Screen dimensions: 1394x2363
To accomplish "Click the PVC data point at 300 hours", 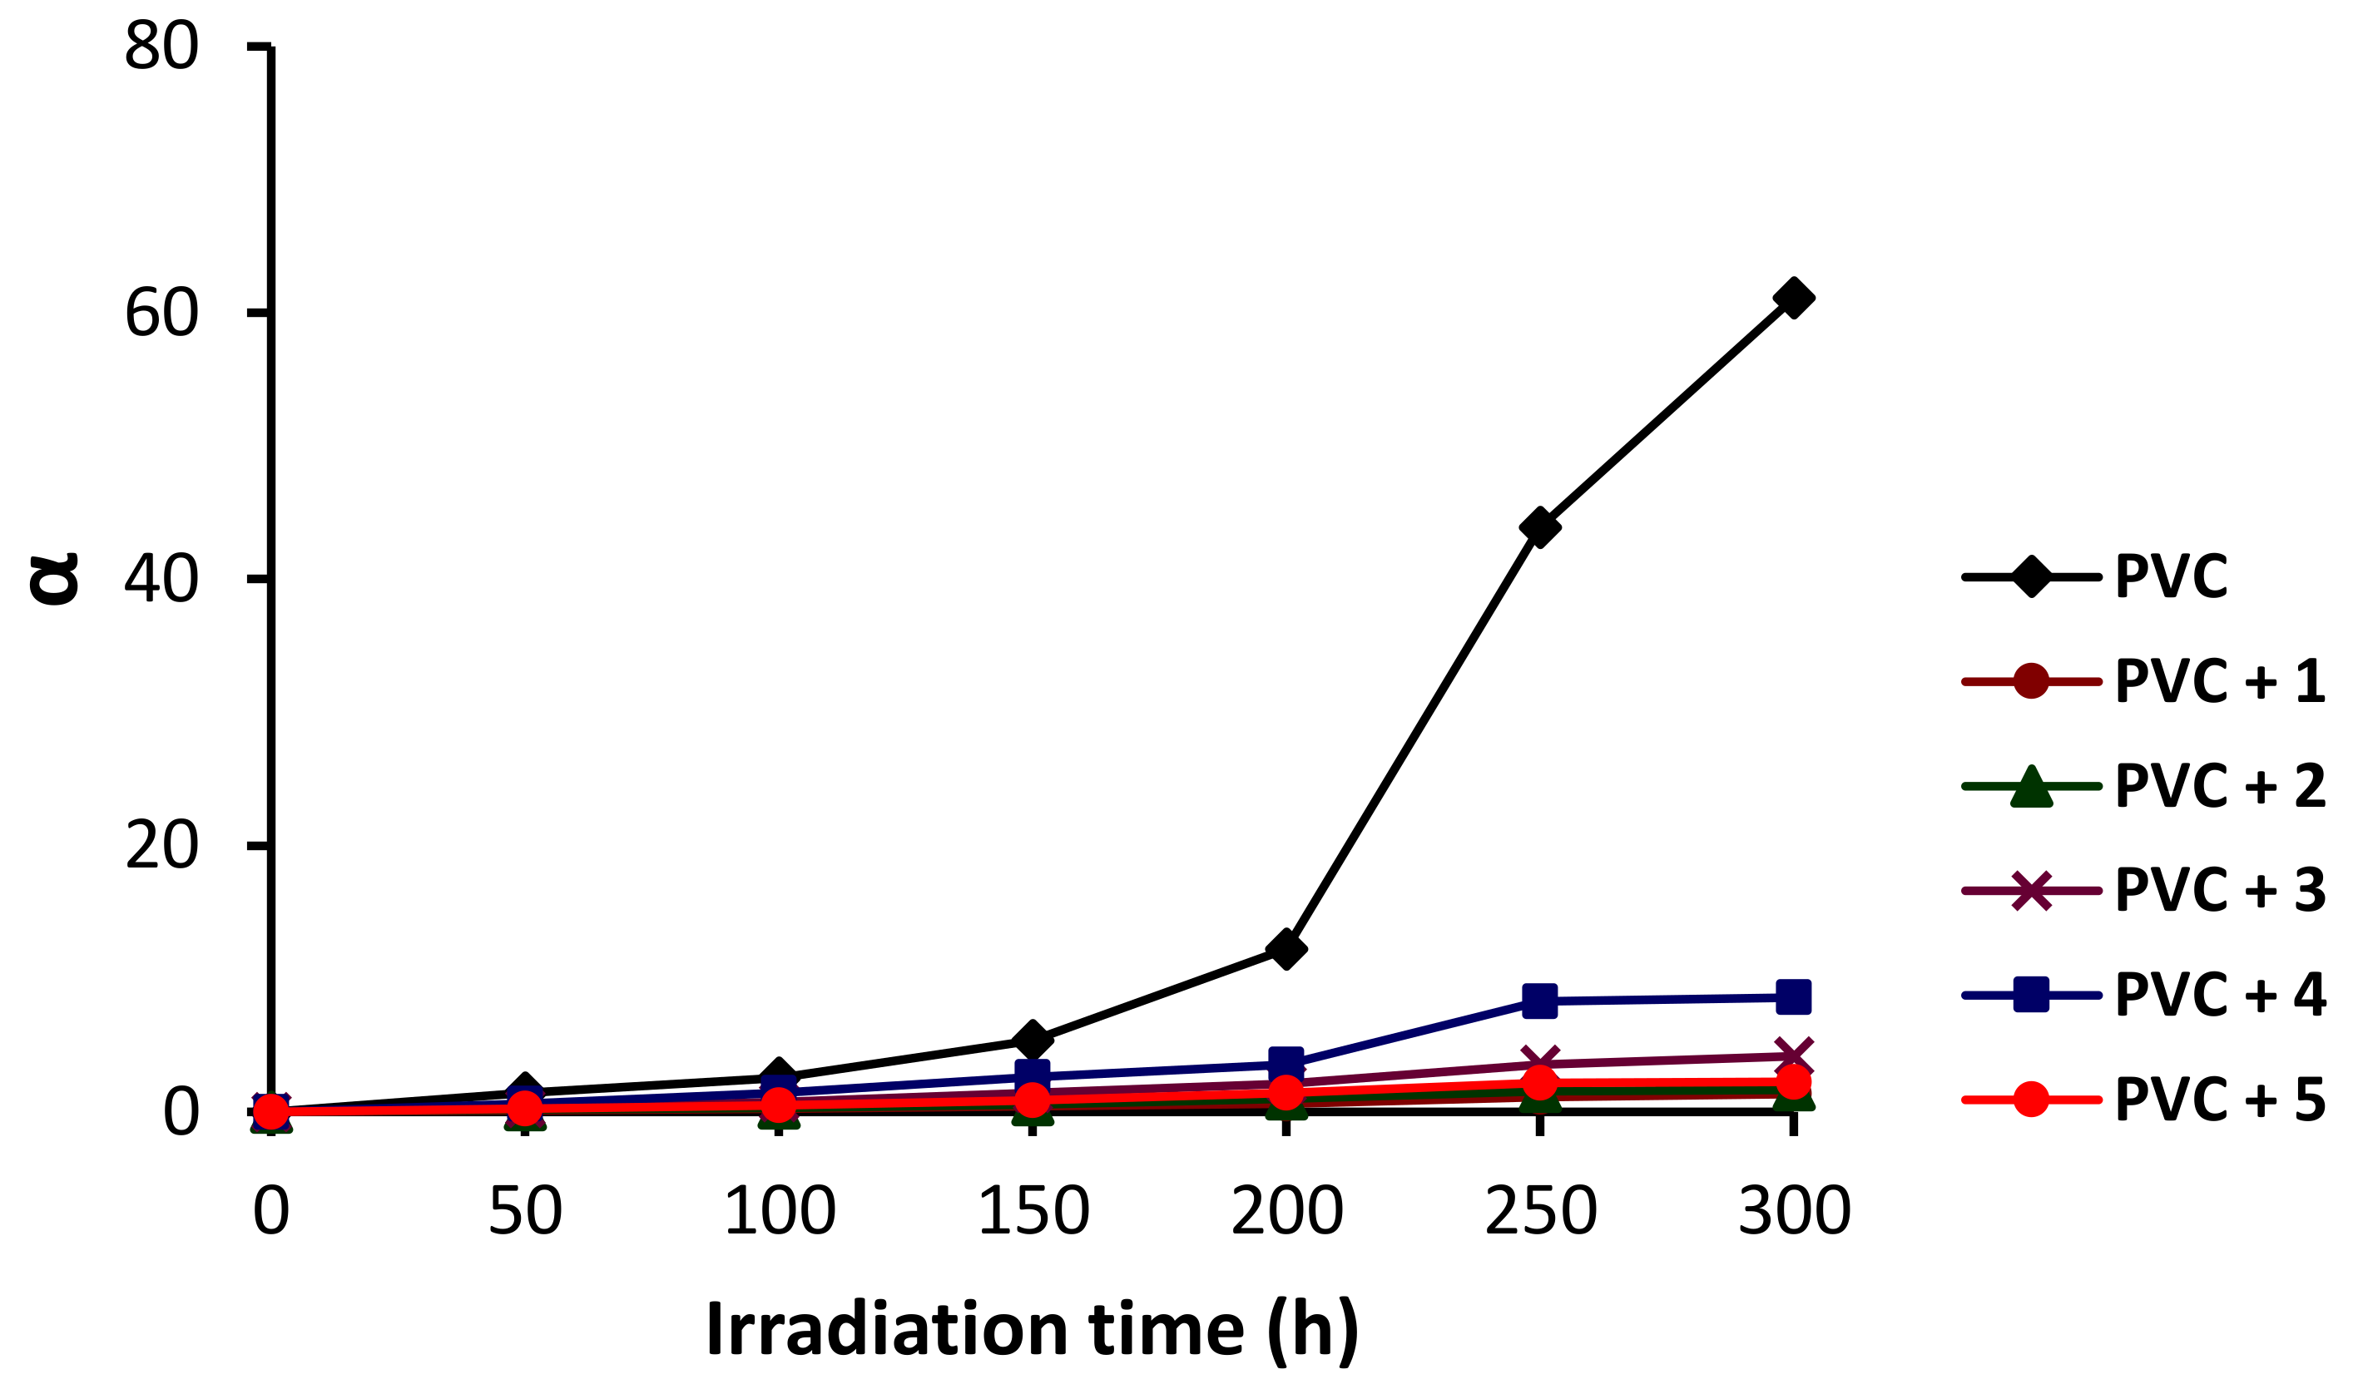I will click(x=1793, y=298).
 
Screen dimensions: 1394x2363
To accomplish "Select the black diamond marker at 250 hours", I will click(x=1539, y=527).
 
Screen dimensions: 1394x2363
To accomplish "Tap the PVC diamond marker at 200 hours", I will click(x=1286, y=949).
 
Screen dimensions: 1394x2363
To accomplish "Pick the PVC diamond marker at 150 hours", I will click(x=1032, y=1039).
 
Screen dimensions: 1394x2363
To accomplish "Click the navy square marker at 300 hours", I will click(x=1793, y=996).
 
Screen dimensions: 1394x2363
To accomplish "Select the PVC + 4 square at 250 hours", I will click(x=1539, y=1001).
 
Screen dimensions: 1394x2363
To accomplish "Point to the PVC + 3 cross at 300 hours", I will click(x=1793, y=1055).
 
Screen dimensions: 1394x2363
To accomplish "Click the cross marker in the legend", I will click(x=2030, y=891).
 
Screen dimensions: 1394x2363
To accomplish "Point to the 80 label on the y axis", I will click(x=161, y=45).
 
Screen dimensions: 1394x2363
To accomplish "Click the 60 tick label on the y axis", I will click(x=161, y=313).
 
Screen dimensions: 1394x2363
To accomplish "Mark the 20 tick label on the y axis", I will click(x=161, y=845).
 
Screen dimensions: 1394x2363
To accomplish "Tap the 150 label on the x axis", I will click(x=1033, y=1211).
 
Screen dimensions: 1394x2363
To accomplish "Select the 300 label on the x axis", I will click(x=1795, y=1211).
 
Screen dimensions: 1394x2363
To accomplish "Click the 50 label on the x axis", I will click(x=525, y=1211).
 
